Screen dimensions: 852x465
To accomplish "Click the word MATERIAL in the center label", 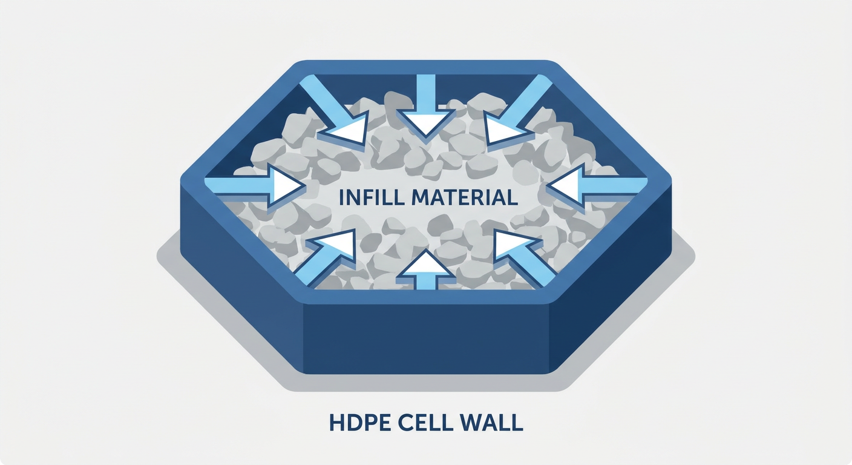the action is [x=464, y=197].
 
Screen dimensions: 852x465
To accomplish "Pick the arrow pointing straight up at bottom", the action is [x=426, y=269].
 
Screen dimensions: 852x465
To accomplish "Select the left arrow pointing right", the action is [x=255, y=186].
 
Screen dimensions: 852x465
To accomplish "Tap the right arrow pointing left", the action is [x=597, y=186].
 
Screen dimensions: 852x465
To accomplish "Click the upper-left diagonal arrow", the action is [x=334, y=110].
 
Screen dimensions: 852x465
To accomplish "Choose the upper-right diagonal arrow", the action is [x=517, y=110].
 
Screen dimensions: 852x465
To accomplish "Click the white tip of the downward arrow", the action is [x=426, y=122].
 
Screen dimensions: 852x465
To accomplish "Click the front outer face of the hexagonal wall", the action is [x=426, y=338].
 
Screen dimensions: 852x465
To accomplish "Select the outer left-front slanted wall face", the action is [x=242, y=277].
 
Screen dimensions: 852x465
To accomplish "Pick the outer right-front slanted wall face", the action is [x=610, y=277].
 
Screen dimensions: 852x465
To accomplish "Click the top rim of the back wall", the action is [x=426, y=67].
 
